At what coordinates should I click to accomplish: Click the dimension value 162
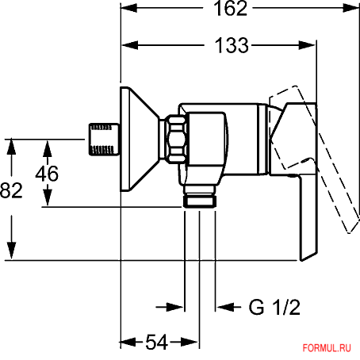(x=230, y=9)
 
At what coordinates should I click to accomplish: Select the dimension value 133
(x=232, y=45)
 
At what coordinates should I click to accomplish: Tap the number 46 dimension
(x=47, y=174)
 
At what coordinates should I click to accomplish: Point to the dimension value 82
(x=11, y=190)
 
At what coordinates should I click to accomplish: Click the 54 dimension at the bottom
(x=157, y=342)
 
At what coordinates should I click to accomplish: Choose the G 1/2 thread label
(x=274, y=307)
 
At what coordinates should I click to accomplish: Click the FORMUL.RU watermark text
(x=327, y=348)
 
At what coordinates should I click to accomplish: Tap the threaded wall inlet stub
(x=104, y=140)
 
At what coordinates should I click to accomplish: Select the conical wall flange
(x=140, y=139)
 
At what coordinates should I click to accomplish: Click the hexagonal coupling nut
(x=176, y=139)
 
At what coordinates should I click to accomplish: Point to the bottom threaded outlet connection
(x=200, y=197)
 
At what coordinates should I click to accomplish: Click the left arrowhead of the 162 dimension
(x=129, y=8)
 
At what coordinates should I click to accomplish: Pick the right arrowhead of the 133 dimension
(x=308, y=45)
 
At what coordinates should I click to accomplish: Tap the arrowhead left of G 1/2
(x=225, y=307)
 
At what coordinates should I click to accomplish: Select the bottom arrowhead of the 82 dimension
(x=11, y=251)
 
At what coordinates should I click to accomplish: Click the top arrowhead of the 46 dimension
(x=48, y=149)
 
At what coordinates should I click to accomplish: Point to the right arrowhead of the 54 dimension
(x=190, y=342)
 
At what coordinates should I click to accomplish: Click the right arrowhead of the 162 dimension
(x=350, y=8)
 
